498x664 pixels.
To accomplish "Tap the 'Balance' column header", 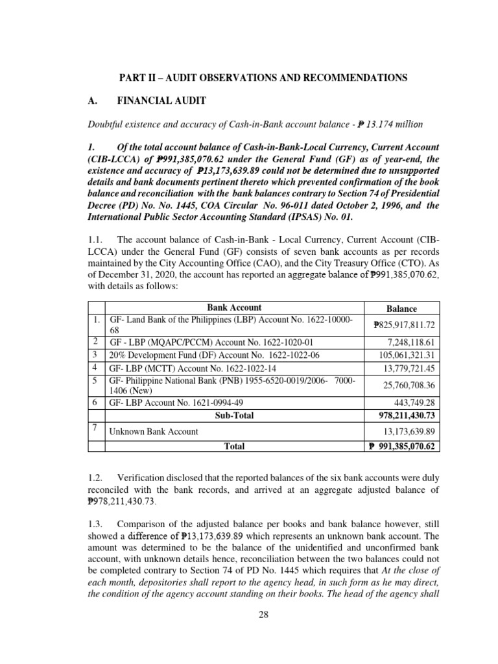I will (x=401, y=309).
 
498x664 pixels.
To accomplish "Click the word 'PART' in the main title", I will (x=133, y=78).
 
